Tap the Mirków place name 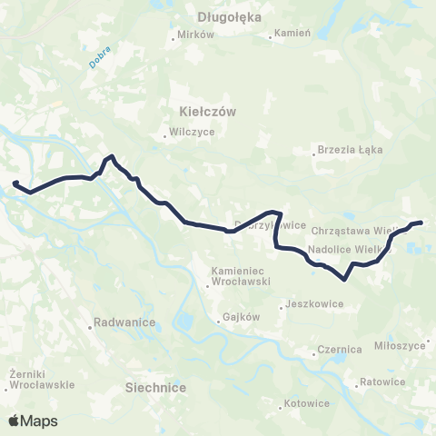[x=196, y=35]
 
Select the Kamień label [x=294, y=35]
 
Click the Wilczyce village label [x=192, y=131]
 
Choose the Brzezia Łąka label [x=352, y=149]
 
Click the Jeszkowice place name [x=312, y=304]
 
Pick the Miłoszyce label [x=400, y=346]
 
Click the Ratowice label [x=382, y=381]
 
